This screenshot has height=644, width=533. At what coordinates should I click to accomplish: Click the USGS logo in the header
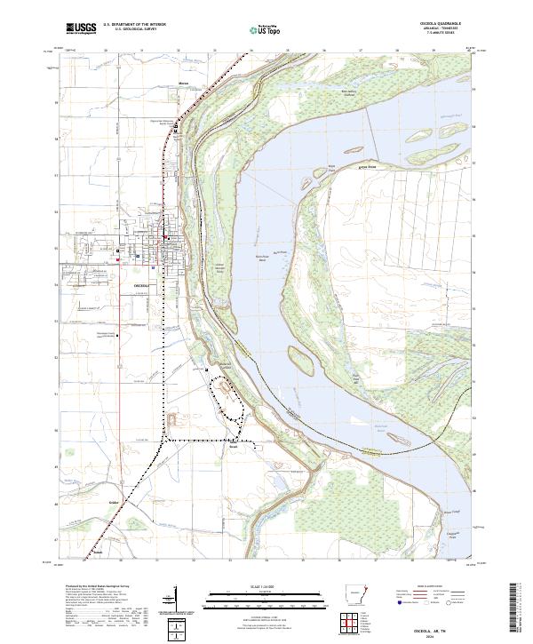[80, 28]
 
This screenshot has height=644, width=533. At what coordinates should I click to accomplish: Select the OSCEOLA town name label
[143, 285]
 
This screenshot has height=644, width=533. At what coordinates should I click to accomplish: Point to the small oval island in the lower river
[298, 359]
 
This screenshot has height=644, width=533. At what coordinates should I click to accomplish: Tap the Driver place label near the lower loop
[233, 448]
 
